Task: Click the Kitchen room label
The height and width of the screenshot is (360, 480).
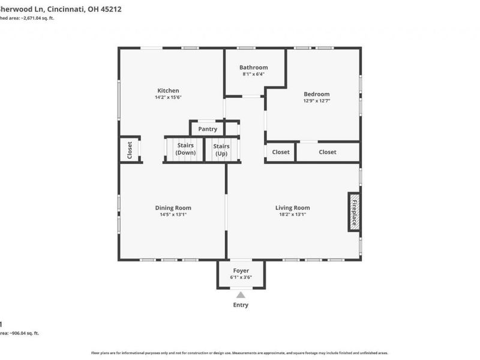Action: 168,91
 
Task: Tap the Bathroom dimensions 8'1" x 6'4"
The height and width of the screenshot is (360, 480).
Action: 253,74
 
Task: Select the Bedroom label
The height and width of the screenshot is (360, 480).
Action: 316,94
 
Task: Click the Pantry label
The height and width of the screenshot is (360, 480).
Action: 208,129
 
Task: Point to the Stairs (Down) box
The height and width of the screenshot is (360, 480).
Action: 185,149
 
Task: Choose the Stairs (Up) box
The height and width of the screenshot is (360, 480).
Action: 221,149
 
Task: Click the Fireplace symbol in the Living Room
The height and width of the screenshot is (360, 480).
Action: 354,212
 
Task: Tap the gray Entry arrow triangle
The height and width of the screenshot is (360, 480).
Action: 241,295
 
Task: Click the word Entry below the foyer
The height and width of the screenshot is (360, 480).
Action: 241,305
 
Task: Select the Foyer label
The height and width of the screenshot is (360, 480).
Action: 241,271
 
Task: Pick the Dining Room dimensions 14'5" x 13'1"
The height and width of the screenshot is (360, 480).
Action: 173,215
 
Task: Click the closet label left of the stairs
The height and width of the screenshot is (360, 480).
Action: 130,150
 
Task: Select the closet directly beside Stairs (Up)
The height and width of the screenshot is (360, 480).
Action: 280,152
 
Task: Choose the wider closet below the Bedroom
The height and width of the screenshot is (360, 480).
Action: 328,152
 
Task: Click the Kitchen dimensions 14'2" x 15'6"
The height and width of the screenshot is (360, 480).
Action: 168,97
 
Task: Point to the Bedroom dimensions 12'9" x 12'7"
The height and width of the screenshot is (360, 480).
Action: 316,101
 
